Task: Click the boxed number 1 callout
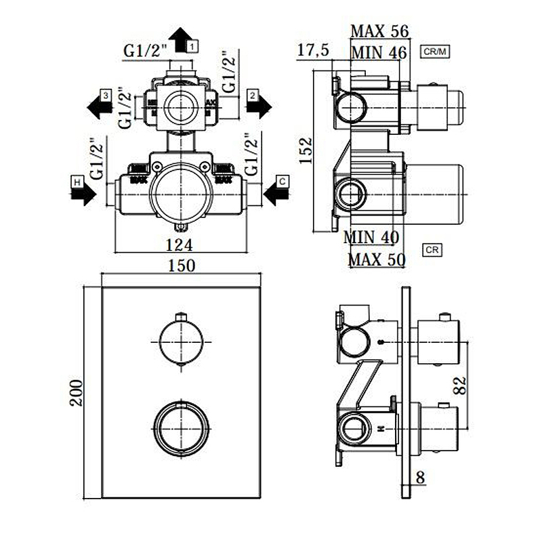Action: (193, 46)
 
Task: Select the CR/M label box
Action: (436, 51)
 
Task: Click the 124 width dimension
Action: (180, 245)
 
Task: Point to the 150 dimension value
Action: (181, 266)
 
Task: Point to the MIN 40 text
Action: (371, 237)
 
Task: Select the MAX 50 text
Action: (376, 259)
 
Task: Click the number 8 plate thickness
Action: (420, 478)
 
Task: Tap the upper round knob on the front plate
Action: (180, 342)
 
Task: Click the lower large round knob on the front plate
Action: (180, 430)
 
